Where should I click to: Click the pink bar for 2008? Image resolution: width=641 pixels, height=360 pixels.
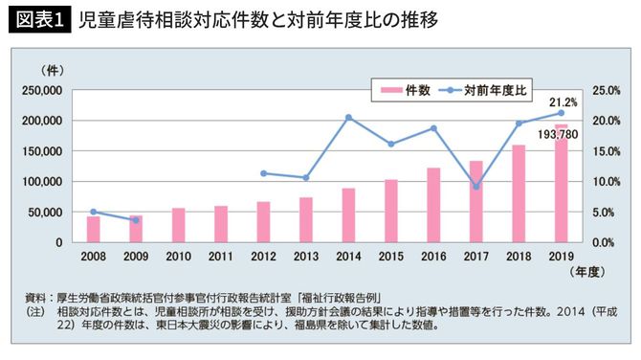point(93,230)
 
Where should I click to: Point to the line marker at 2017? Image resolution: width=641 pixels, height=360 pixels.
point(476,186)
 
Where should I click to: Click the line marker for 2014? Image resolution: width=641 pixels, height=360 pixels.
point(348,117)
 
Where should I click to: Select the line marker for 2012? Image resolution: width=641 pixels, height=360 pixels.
point(263,173)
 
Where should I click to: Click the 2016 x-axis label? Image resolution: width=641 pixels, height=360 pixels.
point(433,258)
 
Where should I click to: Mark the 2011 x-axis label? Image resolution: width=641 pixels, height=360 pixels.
point(221,258)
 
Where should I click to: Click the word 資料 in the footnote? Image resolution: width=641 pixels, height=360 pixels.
point(36,298)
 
